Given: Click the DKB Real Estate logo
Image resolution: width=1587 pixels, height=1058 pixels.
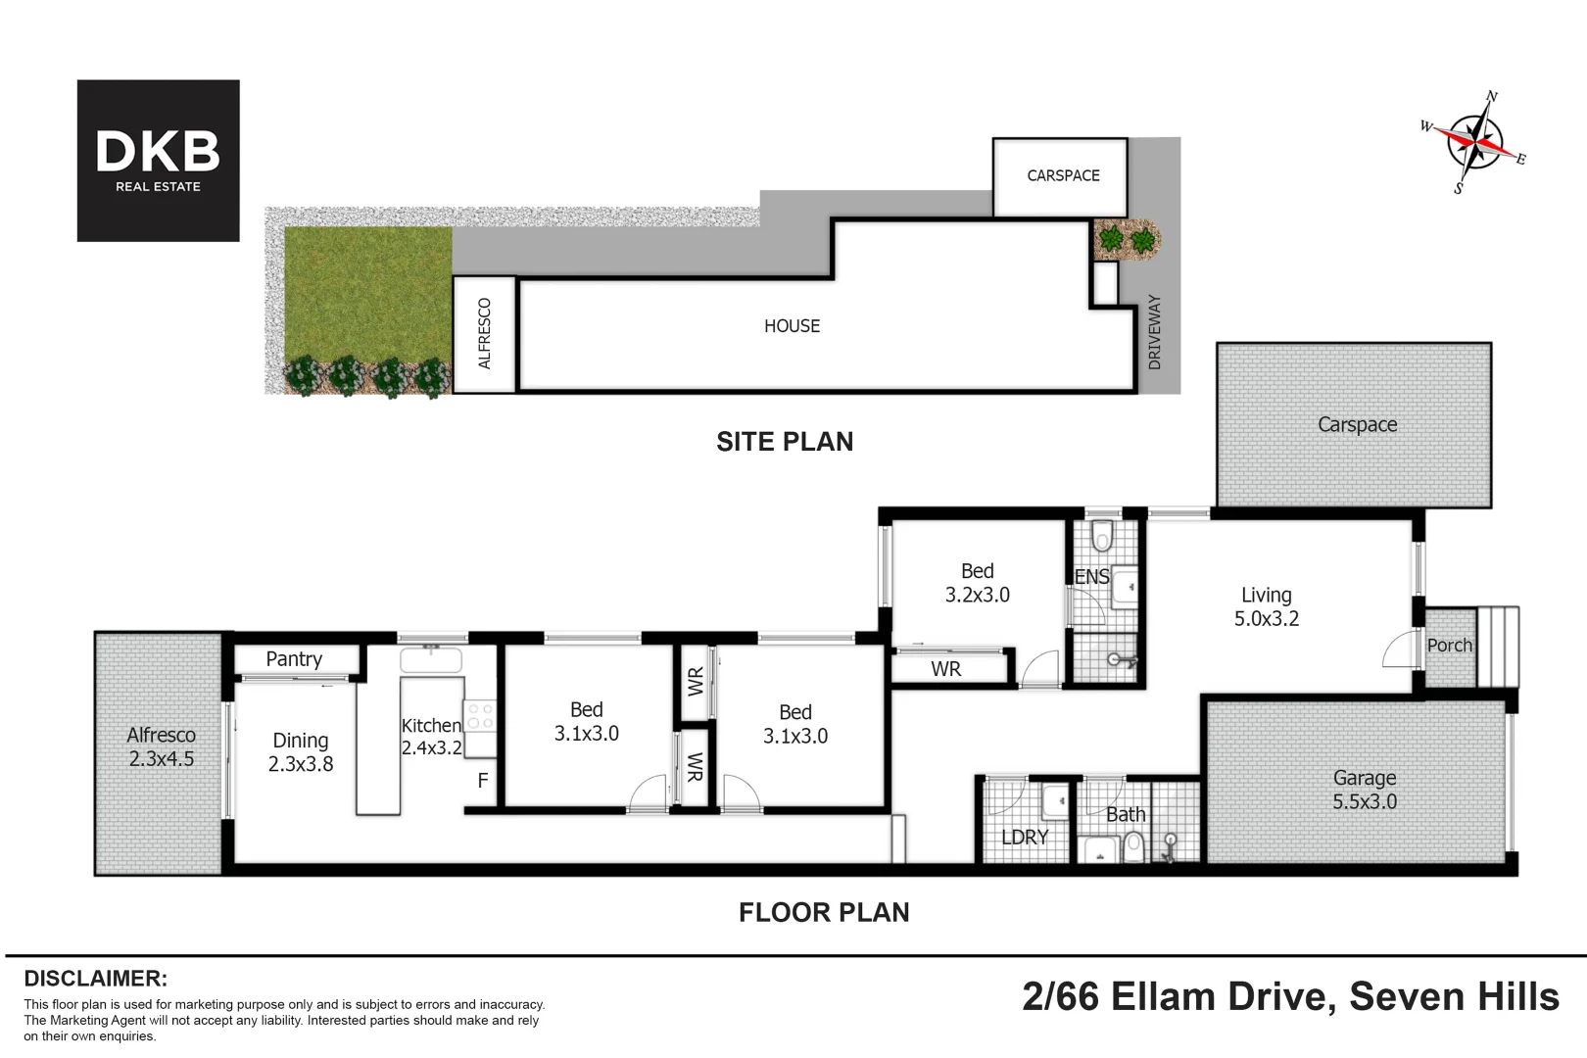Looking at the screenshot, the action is (x=158, y=161).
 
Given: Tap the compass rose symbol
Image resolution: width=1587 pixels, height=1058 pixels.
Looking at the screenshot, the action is (x=1473, y=142).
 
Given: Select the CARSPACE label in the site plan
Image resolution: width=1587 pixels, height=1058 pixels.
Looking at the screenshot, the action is (x=1064, y=175).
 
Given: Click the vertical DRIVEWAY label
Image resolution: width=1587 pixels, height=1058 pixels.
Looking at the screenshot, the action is (x=1154, y=332).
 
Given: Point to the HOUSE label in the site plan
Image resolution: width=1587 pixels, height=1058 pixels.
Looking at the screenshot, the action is (x=793, y=326).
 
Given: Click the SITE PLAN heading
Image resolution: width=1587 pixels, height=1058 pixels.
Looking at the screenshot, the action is (x=785, y=442).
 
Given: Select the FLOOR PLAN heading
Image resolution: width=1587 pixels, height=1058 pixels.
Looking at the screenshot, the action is (x=824, y=912).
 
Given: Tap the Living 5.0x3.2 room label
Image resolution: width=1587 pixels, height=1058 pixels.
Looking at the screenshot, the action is (x=1267, y=606).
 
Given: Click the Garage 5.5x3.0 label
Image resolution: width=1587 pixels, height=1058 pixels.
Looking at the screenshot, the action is (x=1365, y=790).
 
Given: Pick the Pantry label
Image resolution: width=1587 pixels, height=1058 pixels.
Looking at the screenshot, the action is (x=294, y=659).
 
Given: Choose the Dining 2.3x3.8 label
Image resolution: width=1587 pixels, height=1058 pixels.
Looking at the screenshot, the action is (x=301, y=752).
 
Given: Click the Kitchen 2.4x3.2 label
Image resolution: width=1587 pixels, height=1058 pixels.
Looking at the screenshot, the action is (x=431, y=737).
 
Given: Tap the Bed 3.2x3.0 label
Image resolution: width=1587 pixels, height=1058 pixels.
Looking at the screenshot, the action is (x=978, y=583).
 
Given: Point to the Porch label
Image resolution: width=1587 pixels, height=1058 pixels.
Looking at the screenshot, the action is (x=1450, y=646).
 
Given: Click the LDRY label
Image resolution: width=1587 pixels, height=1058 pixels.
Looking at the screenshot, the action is (x=1025, y=838).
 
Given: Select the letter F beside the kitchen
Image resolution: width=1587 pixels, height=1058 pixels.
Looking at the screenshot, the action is (x=483, y=781).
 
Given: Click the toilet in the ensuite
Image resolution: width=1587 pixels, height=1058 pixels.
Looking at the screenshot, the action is (x=1102, y=537).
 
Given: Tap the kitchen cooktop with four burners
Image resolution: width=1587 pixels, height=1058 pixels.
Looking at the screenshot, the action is (x=480, y=716).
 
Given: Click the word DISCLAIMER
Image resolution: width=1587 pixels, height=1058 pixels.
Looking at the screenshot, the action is (x=96, y=979).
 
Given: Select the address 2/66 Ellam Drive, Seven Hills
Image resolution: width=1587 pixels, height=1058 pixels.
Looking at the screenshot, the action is (x=1291, y=997).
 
